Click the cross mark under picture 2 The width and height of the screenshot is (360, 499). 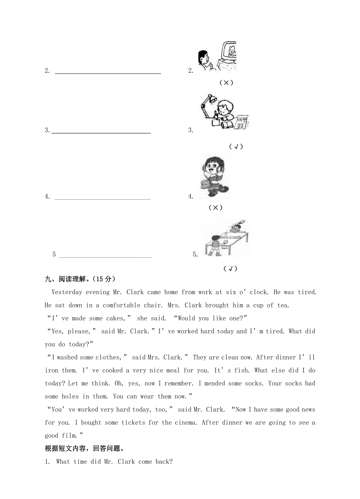click(226, 83)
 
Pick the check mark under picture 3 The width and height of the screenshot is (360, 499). click(236, 146)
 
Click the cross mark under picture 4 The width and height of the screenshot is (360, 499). click(215, 208)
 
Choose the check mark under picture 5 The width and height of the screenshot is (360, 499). click(230, 269)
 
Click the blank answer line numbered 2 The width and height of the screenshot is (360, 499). click(108, 72)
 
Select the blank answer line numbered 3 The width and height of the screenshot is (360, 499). click(101, 132)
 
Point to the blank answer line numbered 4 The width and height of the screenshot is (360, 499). click(103, 199)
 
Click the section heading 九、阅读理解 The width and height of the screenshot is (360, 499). click(80, 279)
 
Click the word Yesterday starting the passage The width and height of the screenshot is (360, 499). click(67, 292)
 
